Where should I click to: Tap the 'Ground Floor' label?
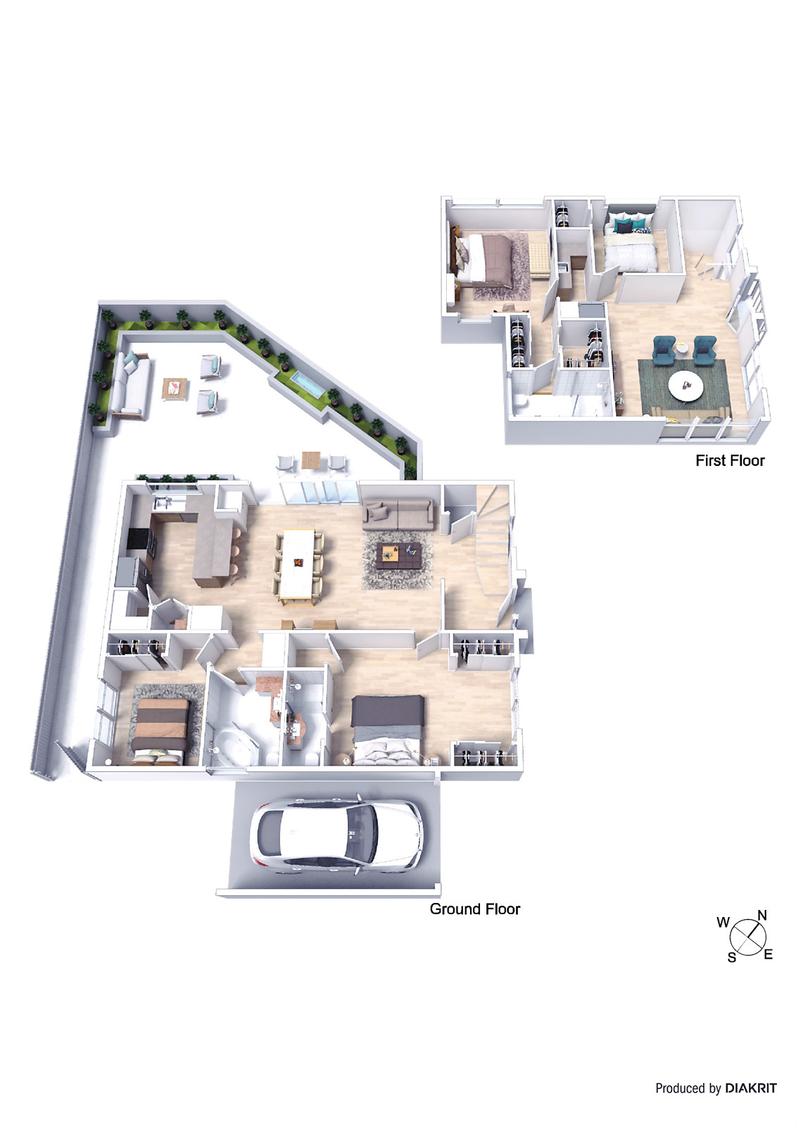tap(474, 909)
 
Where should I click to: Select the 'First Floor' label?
tap(729, 460)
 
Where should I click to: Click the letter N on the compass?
tap(762, 916)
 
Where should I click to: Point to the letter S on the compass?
tap(732, 957)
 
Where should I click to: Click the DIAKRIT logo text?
tap(751, 1088)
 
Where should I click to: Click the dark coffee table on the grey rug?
tap(399, 555)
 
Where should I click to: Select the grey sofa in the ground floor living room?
tap(398, 514)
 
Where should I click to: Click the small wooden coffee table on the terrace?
tap(175, 388)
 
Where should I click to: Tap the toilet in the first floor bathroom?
tap(520, 401)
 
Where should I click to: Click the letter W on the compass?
tap(723, 923)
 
